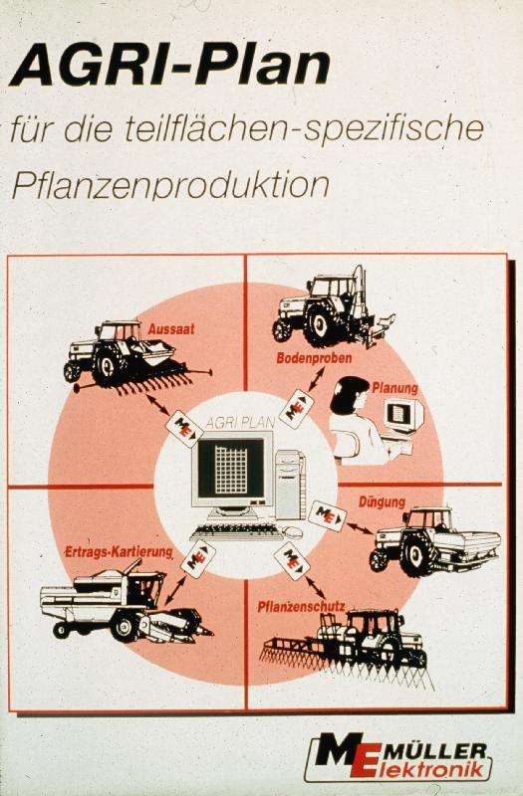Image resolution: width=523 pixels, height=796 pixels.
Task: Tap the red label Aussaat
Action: [171, 329]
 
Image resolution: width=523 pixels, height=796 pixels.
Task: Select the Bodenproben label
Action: [314, 358]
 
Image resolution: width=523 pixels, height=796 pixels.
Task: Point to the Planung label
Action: [394, 388]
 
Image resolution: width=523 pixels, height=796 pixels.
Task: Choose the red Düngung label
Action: [383, 502]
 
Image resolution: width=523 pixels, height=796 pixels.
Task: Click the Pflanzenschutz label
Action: [302, 606]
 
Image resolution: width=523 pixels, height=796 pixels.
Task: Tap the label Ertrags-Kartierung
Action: [119, 552]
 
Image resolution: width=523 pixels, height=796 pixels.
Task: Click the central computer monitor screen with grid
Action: [231, 468]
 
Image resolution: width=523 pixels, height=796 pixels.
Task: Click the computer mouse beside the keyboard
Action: [292, 532]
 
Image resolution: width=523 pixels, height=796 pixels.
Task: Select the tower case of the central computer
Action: [290, 485]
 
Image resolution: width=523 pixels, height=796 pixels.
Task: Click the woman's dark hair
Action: [347, 393]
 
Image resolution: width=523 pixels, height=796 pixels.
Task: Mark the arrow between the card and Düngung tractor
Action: [360, 528]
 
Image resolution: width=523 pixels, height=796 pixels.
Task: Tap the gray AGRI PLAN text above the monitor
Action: [240, 422]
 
